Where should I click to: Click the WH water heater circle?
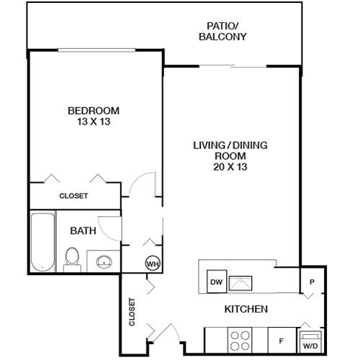pyautogui.click(x=153, y=264)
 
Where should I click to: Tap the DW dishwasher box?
pyautogui.click(x=217, y=282)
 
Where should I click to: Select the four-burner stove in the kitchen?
pyautogui.click(x=240, y=341)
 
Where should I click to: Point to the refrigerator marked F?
pyautogui.click(x=282, y=341)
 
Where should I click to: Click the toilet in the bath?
pyautogui.click(x=72, y=260)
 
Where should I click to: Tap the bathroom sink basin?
pyautogui.click(x=104, y=261)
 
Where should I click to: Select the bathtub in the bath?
pyautogui.click(x=43, y=242)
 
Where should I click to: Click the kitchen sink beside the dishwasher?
pyautogui.click(x=240, y=284)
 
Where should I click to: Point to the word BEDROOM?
pyautogui.click(x=94, y=111)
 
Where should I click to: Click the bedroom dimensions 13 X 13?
pyautogui.click(x=94, y=122)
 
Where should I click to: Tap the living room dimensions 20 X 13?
pyautogui.click(x=230, y=167)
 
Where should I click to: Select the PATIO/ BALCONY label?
pyautogui.click(x=222, y=31)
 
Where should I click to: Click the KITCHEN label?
pyautogui.click(x=246, y=309)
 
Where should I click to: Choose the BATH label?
pyautogui.click(x=83, y=231)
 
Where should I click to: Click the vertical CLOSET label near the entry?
pyautogui.click(x=132, y=312)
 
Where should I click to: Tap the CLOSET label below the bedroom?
pyautogui.click(x=73, y=196)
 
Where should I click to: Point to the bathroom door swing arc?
pyautogui.click(x=103, y=233)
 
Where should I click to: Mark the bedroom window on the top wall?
pyautogui.click(x=96, y=50)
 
